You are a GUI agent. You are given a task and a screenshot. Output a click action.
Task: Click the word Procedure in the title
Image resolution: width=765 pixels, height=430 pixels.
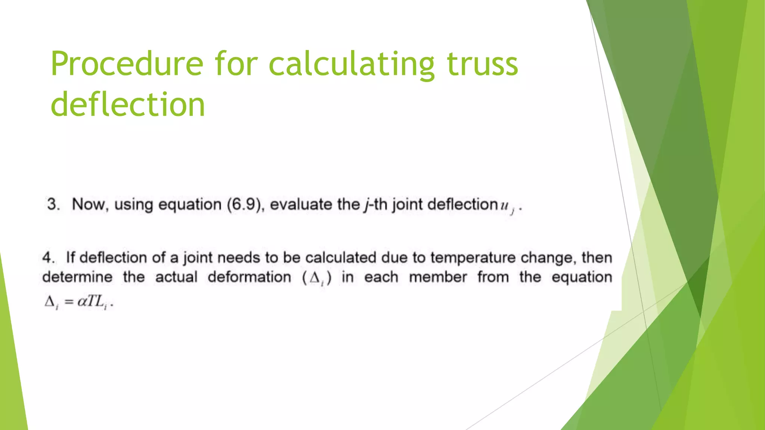point(127,64)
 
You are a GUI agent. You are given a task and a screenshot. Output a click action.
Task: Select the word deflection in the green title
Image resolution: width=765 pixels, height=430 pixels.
point(128,104)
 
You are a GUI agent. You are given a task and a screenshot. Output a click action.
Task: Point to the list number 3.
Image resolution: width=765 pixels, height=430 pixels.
point(53,205)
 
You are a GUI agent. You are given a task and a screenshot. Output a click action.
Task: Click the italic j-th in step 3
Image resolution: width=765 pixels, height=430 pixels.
point(375,205)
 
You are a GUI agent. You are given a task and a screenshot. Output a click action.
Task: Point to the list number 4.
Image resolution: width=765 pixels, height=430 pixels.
point(49,258)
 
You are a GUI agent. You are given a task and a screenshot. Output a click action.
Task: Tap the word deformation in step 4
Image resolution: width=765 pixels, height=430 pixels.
point(250,277)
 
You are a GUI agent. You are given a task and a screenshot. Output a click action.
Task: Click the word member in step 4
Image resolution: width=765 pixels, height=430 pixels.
point(438,277)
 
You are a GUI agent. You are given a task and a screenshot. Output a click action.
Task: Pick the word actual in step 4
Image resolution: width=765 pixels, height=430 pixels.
point(176,277)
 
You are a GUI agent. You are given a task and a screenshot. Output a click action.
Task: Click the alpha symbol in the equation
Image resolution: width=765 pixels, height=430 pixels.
point(82,302)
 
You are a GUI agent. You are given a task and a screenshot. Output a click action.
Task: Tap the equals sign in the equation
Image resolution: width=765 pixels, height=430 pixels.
point(69,302)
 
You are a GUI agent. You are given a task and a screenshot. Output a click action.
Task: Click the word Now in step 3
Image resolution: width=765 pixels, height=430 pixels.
point(90,205)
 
